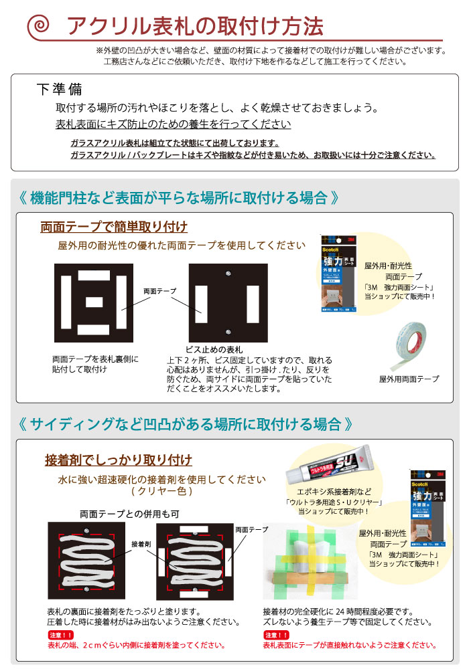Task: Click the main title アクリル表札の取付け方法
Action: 194,26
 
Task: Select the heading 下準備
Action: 59,90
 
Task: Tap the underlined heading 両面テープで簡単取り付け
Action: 114,226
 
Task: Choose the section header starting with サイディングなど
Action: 184,424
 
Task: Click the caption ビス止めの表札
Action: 214,349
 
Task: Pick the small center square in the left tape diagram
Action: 93,301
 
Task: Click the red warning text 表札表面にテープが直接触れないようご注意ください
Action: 349,646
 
